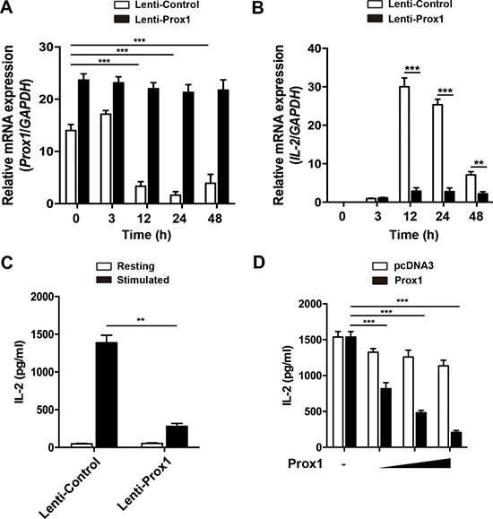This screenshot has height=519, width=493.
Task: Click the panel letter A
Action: (6, 7)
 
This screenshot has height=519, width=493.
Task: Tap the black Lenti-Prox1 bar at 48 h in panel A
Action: (223, 147)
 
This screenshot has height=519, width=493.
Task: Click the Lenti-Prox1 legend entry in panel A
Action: (151, 20)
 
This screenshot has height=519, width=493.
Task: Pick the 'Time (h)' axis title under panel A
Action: (146, 235)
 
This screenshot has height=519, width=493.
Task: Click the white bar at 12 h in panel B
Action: (404, 144)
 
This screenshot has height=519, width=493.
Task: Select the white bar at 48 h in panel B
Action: (471, 188)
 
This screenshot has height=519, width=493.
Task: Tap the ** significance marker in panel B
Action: (479, 163)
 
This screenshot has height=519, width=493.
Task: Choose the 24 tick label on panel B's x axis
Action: (442, 216)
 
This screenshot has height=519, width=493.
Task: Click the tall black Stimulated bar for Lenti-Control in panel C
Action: (107, 395)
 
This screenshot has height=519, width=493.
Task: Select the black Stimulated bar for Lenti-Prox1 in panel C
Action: (177, 437)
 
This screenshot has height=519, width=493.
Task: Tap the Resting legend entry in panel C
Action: (125, 266)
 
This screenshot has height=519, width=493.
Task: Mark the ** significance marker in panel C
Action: (141, 320)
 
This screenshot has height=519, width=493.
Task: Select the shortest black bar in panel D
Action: (456, 440)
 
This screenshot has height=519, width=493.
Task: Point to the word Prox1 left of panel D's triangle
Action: (306, 463)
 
